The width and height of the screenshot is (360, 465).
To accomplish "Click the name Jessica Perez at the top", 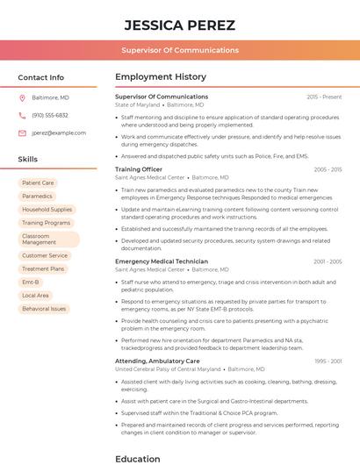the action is click(179, 24).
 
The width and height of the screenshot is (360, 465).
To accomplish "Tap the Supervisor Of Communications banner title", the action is click(179, 50).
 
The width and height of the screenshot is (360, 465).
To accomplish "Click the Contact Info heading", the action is click(40, 77).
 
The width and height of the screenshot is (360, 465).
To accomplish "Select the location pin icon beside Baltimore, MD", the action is click(22, 97).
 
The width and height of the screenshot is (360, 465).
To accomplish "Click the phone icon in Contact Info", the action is click(22, 115).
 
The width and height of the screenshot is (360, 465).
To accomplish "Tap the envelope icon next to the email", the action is click(22, 133).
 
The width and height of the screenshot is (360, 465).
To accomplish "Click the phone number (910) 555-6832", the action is click(50, 115).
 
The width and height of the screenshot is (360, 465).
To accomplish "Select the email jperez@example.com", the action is click(59, 133).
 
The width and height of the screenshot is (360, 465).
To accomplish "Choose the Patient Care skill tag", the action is click(38, 183).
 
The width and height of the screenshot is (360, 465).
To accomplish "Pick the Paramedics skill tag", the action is click(37, 197).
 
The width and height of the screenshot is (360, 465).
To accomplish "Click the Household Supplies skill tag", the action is click(47, 210).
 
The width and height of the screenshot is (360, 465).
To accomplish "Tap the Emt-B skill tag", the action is click(31, 283).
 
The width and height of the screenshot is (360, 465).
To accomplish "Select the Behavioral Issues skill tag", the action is click(44, 309).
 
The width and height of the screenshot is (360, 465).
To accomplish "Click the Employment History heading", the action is click(161, 77).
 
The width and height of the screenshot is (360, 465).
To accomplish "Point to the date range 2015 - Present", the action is click(324, 97).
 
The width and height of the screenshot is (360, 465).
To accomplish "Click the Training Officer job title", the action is click(139, 169).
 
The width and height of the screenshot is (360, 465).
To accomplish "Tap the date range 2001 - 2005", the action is click(327, 261).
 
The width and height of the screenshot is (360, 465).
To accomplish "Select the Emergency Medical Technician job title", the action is click(162, 261).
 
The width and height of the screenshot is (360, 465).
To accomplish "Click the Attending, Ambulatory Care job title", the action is click(157, 361).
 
